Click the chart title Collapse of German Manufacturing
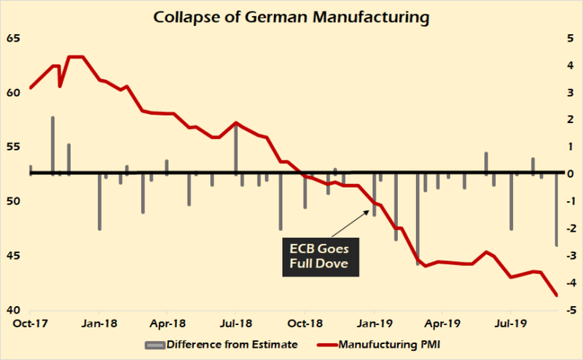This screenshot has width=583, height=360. (291, 15)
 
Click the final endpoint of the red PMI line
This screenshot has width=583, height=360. (557, 295)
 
